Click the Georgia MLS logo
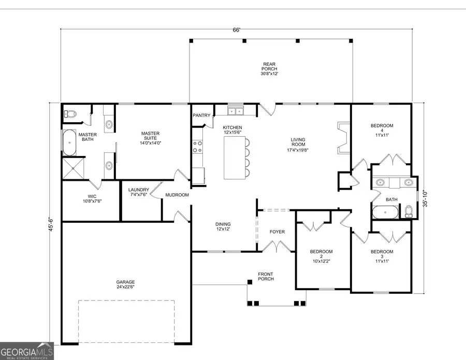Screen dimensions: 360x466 coord(26,351)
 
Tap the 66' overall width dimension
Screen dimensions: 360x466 coord(237,30)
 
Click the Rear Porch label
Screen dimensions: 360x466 coord(269,69)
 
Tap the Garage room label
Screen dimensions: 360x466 coord(125,284)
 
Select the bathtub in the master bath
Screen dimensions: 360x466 coord(69,143)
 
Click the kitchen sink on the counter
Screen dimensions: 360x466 coord(236,111)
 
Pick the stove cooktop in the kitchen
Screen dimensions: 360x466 coord(197,147)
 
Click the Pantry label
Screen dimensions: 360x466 coord(200,116)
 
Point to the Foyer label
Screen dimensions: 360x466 coord(277,232)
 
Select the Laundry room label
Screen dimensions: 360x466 coord(139,192)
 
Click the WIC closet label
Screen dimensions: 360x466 coord(92,198)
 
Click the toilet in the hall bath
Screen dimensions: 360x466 coord(409,211)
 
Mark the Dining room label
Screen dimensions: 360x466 coord(223,227)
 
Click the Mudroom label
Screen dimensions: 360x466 coord(177,195)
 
